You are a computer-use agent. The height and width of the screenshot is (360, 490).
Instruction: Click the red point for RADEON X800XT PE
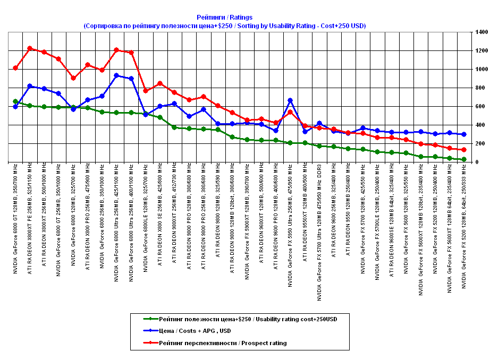coord(30,48)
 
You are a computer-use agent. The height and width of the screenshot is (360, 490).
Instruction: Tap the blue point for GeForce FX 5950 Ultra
coord(290,100)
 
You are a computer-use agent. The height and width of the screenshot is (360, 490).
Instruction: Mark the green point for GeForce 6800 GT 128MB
coord(15,101)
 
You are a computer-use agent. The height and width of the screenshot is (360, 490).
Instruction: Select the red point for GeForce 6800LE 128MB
coord(146,91)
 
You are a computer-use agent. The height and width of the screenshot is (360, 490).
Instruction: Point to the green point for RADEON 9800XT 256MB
coord(174,127)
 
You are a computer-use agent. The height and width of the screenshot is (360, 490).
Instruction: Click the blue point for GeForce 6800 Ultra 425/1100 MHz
coord(116,75)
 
